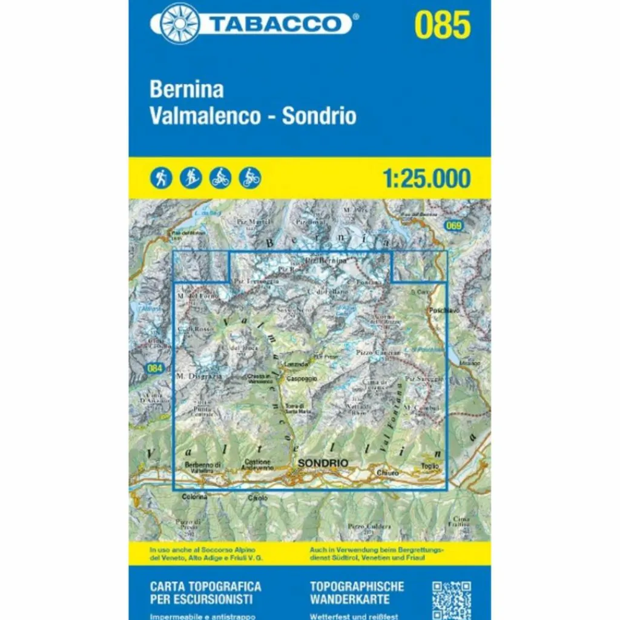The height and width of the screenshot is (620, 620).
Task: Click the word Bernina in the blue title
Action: tap(186, 90)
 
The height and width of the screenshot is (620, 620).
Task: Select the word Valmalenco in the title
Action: tap(204, 116)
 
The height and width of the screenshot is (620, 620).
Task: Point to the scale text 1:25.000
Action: tap(426, 178)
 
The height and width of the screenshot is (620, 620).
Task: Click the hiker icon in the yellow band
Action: tap(161, 178)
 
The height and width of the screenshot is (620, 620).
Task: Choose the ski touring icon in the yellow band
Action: tap(191, 178)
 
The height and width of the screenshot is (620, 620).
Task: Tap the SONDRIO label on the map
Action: tap(322, 463)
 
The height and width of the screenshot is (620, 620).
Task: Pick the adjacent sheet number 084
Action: tap(155, 368)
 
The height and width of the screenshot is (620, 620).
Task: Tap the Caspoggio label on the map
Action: tap(302, 378)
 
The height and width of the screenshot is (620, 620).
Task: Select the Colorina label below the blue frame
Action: tap(194, 496)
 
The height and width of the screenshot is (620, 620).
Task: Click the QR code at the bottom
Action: tap(452, 599)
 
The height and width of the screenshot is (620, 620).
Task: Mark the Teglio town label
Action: tap(429, 466)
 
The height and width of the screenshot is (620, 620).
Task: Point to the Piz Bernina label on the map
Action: tap(326, 260)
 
